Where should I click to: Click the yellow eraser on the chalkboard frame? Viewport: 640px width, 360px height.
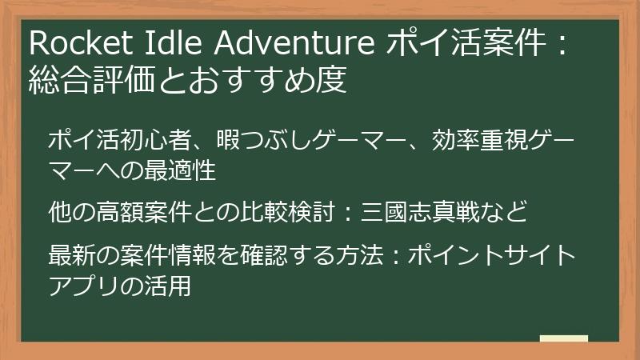tap(563, 338)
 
